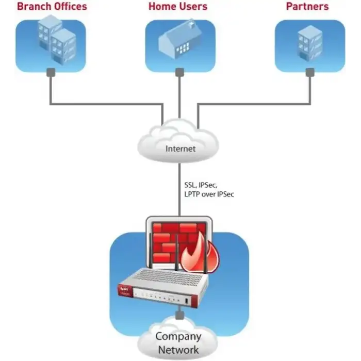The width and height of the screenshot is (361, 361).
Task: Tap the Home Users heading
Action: (178, 7)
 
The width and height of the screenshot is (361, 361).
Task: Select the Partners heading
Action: (307, 7)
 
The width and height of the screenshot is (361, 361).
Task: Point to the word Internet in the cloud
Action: (180, 149)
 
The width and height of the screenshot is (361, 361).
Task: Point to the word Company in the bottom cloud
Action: (178, 337)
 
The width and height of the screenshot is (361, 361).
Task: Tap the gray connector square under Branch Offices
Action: (50, 72)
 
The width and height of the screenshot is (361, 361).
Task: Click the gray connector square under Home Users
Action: (179, 72)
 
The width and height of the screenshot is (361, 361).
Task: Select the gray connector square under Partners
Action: (309, 72)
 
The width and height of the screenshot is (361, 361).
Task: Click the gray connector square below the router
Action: (179, 315)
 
